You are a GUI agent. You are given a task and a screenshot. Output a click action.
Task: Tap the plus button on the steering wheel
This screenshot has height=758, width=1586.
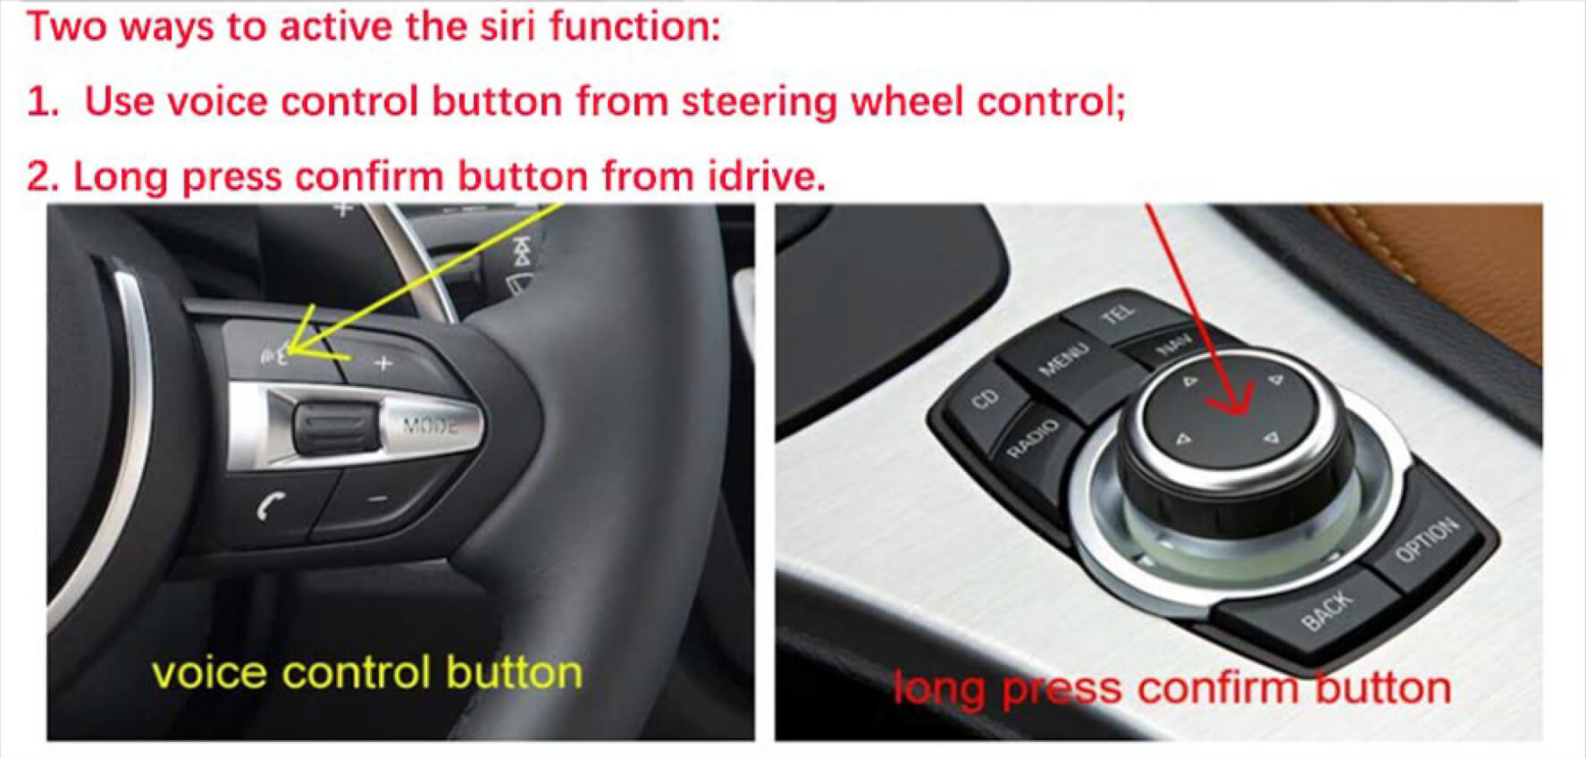pos(382,363)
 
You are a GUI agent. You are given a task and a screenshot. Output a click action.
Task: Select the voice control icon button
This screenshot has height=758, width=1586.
pos(277,354)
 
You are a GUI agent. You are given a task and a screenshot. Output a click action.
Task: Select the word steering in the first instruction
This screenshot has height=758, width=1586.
pos(759,103)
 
